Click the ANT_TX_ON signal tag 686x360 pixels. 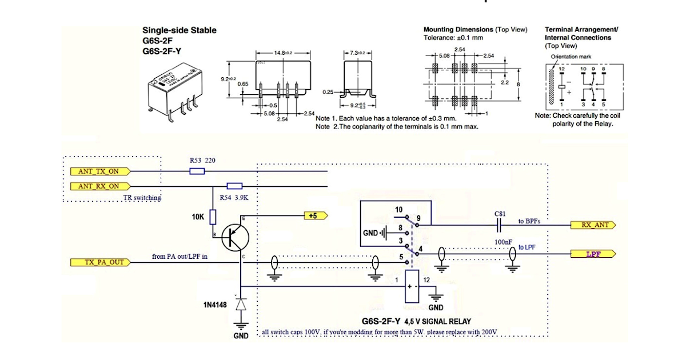(x=99, y=170)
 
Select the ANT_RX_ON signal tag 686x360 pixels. (x=99, y=186)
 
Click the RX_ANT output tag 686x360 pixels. (x=593, y=225)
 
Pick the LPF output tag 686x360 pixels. (x=593, y=254)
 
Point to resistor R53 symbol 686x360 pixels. (x=197, y=170)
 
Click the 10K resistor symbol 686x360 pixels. (x=213, y=217)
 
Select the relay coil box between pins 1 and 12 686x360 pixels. (x=412, y=286)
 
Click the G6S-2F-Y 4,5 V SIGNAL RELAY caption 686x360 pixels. (x=416, y=322)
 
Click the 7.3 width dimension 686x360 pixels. (x=357, y=53)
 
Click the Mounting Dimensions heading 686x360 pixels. (x=458, y=29)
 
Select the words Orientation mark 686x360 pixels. (x=571, y=57)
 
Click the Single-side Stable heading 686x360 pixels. (x=179, y=30)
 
